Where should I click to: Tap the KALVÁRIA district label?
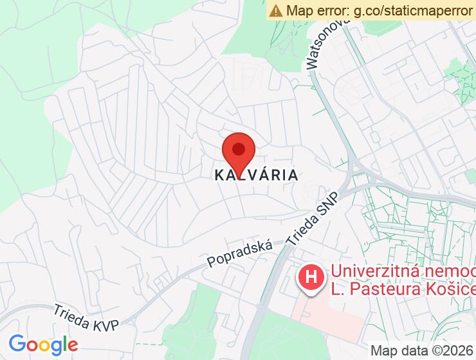pos(256,175)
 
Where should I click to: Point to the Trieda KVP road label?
pos(87,318)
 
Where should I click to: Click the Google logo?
pos(43,345)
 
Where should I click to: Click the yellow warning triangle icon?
pos(276,10)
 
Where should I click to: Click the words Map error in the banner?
pos(316,10)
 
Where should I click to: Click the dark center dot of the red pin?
pos(239,149)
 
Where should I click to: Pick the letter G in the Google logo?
pos(17,345)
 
